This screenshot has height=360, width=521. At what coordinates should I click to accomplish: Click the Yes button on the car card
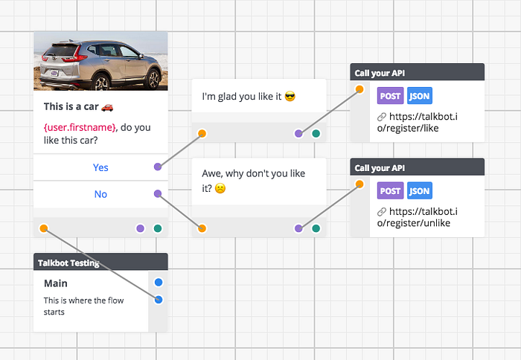(100, 167)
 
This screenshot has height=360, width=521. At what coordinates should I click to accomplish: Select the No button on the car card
(100, 194)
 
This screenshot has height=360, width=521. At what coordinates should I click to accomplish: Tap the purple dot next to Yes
(158, 167)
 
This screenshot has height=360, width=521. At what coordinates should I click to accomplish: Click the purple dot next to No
(158, 193)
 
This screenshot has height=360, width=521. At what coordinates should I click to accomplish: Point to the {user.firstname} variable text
(80, 127)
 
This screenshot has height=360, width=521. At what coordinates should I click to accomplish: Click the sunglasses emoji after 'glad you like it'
(290, 97)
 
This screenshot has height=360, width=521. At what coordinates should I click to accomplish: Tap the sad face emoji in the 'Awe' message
(220, 189)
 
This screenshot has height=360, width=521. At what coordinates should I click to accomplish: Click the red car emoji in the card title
(107, 107)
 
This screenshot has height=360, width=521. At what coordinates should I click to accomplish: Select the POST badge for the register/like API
(390, 96)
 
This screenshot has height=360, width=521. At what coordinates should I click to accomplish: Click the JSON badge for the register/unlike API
(419, 190)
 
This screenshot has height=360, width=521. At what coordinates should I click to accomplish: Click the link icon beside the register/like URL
(381, 117)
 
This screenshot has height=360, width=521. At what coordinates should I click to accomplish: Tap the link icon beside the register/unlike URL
(381, 211)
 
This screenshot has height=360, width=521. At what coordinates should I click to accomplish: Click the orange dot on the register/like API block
(359, 89)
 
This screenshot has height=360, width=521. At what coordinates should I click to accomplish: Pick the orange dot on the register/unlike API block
(359, 184)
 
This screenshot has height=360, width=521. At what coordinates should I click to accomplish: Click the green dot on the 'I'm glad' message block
(316, 133)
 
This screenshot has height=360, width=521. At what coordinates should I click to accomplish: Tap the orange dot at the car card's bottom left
(44, 228)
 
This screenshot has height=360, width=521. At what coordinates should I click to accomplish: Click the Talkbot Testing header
(100, 262)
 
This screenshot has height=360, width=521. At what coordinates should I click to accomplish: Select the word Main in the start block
(56, 283)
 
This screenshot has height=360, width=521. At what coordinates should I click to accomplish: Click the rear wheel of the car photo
(102, 82)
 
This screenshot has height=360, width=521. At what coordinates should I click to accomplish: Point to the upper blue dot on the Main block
(159, 283)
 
